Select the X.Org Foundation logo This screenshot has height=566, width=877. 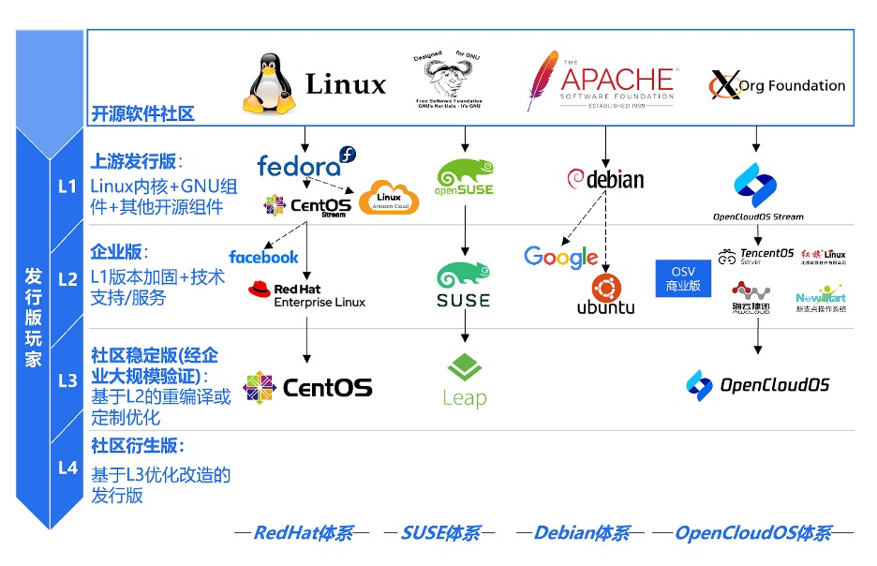pyautogui.click(x=777, y=85)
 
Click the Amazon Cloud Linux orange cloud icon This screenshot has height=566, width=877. pyautogui.click(x=389, y=197)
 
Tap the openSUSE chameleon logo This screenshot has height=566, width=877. pyautogui.click(x=465, y=176)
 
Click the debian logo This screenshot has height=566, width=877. pyautogui.click(x=606, y=179)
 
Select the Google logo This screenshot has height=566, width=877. pyautogui.click(x=560, y=256)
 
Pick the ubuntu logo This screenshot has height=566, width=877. pyautogui.click(x=605, y=294)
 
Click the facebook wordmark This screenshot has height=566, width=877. pyautogui.click(x=263, y=257)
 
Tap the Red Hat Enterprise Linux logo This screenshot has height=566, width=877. pyautogui.click(x=306, y=295)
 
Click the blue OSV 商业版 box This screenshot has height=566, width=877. pyautogui.click(x=683, y=279)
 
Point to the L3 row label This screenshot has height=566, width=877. pyautogui.click(x=67, y=380)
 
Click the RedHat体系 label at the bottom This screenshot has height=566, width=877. pyautogui.click(x=303, y=534)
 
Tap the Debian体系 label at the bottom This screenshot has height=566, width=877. pyautogui.click(x=581, y=534)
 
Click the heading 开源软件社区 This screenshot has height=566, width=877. pyautogui.click(x=142, y=114)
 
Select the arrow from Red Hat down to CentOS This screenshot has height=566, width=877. pyautogui.click(x=306, y=339)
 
